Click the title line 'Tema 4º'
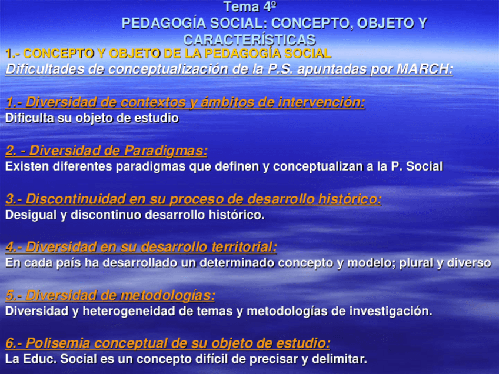(250, 8)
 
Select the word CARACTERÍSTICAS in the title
(249, 39)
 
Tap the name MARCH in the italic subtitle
(424, 69)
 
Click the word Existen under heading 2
(28, 166)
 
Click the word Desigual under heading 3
(31, 215)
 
